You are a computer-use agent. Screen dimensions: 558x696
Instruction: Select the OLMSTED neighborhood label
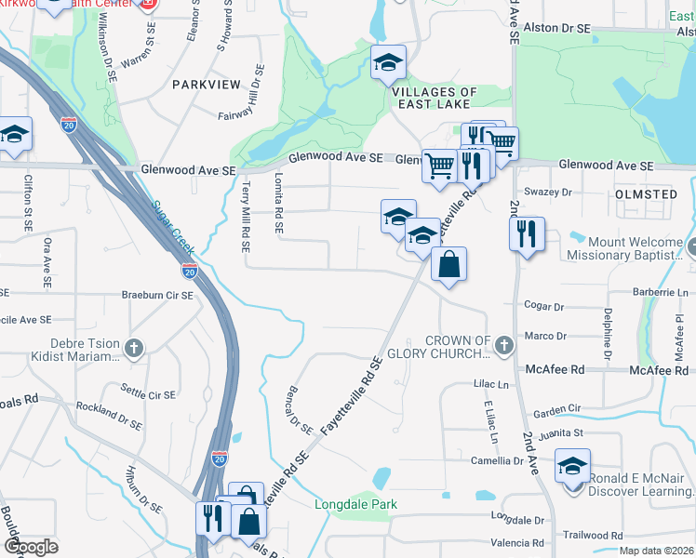click(x=646, y=194)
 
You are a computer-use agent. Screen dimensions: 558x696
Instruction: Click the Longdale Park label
click(x=355, y=505)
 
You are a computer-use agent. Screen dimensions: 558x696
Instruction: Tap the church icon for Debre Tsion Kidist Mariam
click(x=135, y=348)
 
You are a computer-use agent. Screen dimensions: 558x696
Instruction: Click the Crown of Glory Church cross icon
click(x=504, y=346)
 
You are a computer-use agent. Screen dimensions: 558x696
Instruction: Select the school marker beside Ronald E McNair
click(x=572, y=465)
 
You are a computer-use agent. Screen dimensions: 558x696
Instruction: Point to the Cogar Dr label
click(x=544, y=306)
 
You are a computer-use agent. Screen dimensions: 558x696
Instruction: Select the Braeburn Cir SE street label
click(x=157, y=295)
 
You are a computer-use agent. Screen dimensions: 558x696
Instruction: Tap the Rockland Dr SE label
click(x=110, y=414)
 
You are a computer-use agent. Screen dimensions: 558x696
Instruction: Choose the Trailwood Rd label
click(x=593, y=536)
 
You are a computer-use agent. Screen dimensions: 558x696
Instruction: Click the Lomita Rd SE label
click(x=278, y=201)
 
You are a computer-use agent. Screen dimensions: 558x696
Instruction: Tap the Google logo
click(x=31, y=547)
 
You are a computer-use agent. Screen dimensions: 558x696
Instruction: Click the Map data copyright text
click(x=656, y=551)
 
